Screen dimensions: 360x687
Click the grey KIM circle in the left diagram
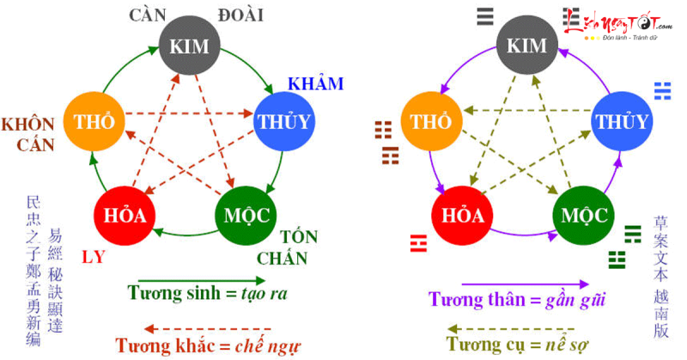coord(189,46)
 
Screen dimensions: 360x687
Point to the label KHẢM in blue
coord(315,84)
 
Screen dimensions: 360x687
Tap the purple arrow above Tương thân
coord(524,284)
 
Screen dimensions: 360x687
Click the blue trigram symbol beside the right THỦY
coord(661,90)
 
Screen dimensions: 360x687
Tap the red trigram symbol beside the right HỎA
coord(418,241)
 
